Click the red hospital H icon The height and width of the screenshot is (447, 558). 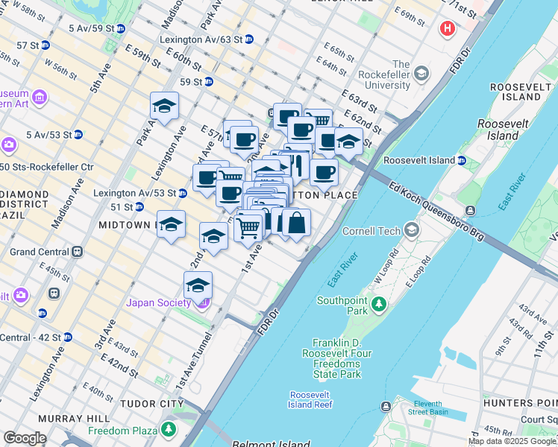click(x=447, y=29)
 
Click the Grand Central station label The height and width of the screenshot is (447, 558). click(x=36, y=252)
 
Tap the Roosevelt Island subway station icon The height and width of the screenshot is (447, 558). click(x=462, y=160)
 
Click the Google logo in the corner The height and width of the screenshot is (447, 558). click(x=25, y=438)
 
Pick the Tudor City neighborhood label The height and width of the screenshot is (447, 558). click(x=151, y=404)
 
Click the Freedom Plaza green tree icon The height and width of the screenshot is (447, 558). click(x=169, y=430)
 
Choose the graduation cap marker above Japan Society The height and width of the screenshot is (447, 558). click(x=198, y=285)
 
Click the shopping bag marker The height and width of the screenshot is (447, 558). click(x=296, y=222)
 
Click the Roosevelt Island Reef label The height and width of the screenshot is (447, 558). click(x=310, y=399)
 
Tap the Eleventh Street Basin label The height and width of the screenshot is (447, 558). click(x=427, y=407)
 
